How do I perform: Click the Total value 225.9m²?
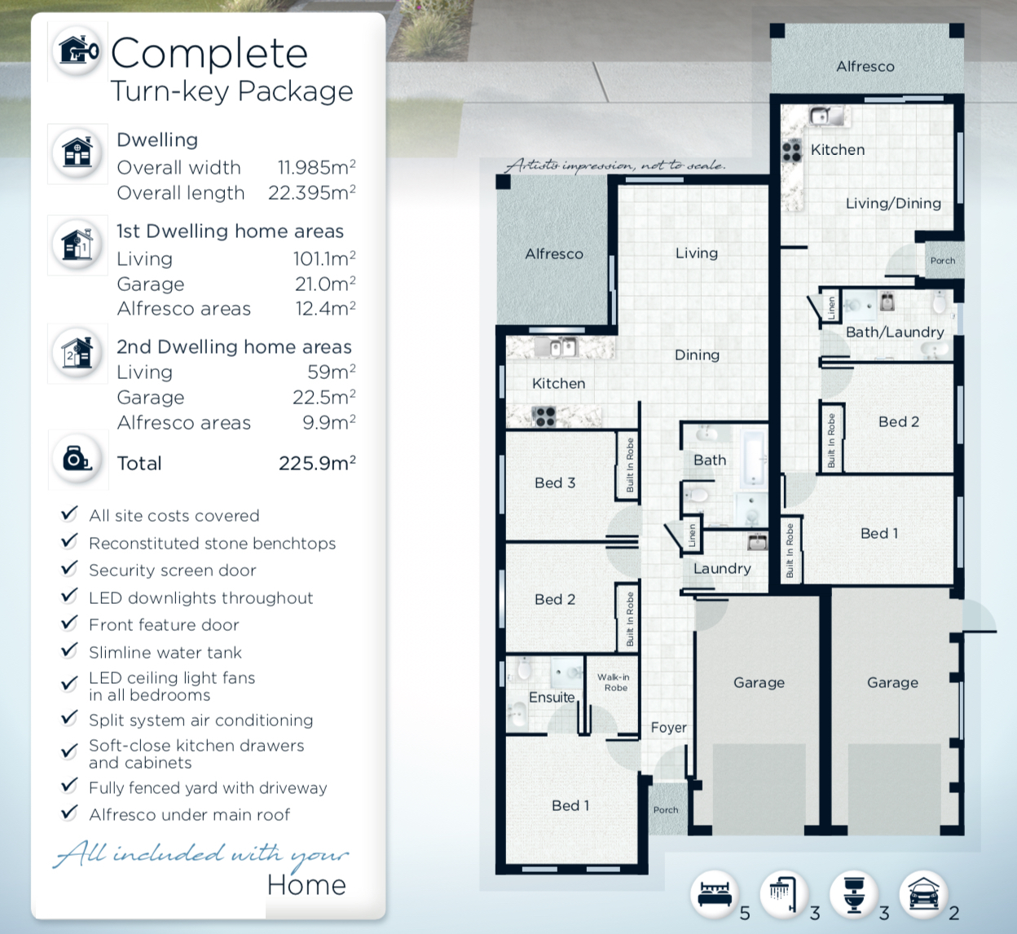pyautogui.click(x=317, y=463)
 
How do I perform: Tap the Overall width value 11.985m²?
pyautogui.click(x=316, y=167)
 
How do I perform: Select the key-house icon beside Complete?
pyautogui.click(x=79, y=51)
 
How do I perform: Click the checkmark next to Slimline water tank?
pyautogui.click(x=69, y=650)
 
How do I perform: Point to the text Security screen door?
pyautogui.click(x=173, y=571)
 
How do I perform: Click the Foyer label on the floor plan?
pyautogui.click(x=669, y=728)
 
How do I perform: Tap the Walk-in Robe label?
pyautogui.click(x=614, y=682)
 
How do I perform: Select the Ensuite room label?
pyautogui.click(x=552, y=698)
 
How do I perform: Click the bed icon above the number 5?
pyautogui.click(x=715, y=894)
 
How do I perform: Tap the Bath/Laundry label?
pyautogui.click(x=895, y=333)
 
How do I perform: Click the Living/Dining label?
pyautogui.click(x=893, y=204)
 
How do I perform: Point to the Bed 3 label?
pyautogui.click(x=555, y=482)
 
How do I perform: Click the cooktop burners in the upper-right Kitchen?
pyautogui.click(x=791, y=151)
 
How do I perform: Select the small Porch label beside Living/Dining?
pyautogui.click(x=943, y=261)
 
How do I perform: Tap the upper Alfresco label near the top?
pyautogui.click(x=865, y=67)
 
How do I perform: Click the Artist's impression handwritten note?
pyautogui.click(x=615, y=165)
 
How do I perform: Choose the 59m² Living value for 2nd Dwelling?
pyautogui.click(x=331, y=372)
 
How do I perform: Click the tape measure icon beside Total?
pyautogui.click(x=77, y=458)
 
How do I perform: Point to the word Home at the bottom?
pyautogui.click(x=306, y=885)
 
